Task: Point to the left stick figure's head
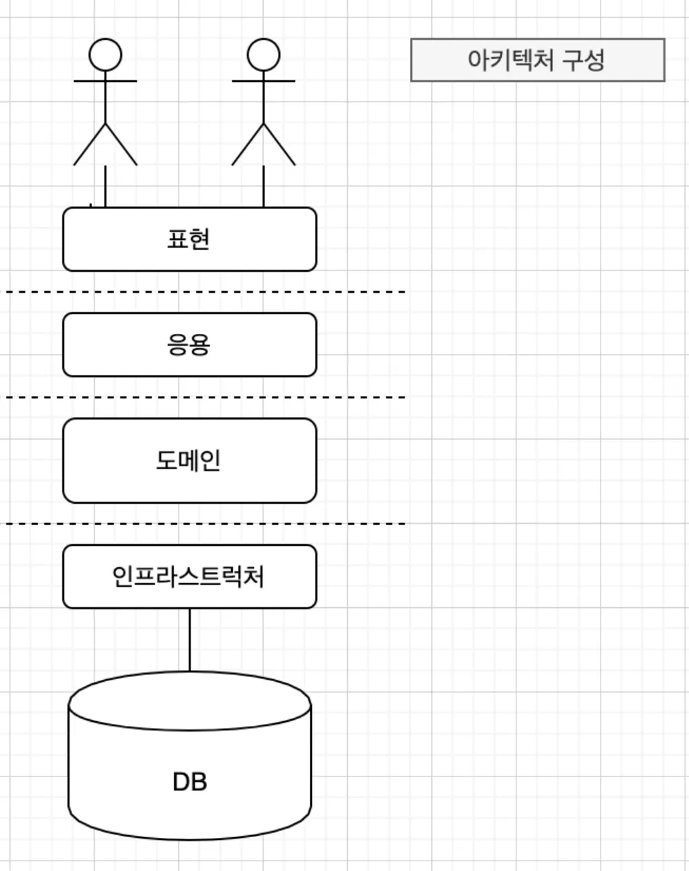pyautogui.click(x=105, y=55)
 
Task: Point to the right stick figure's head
pyautogui.click(x=263, y=55)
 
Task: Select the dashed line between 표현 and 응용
pyautogui.click(x=207, y=292)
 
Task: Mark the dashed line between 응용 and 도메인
pyautogui.click(x=207, y=398)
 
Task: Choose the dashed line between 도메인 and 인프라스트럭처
pyautogui.click(x=207, y=524)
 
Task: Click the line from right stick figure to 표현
pyautogui.click(x=263, y=186)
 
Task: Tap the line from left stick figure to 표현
pyautogui.click(x=105, y=186)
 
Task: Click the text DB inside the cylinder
pyautogui.click(x=189, y=782)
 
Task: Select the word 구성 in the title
pyautogui.click(x=583, y=60)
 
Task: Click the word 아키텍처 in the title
pyautogui.click(x=510, y=60)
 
